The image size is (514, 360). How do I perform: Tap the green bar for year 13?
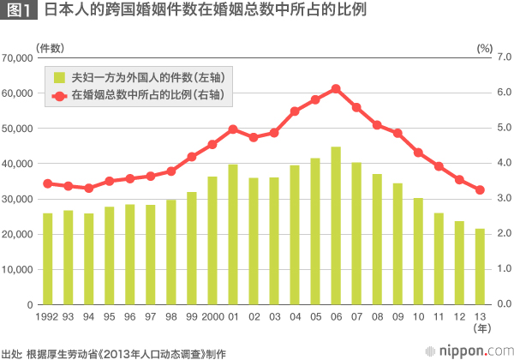tap(480, 267)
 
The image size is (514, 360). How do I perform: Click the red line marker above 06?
tap(336, 88)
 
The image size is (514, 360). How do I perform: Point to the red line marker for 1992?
tap(48, 183)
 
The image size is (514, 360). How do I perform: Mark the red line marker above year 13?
tap(480, 189)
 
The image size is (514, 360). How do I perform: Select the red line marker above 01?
tap(233, 129)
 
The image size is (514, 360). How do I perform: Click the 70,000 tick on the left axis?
tap(18, 57)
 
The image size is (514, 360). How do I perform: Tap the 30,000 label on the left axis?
tap(18, 199)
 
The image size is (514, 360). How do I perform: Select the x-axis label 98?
tap(171, 316)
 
